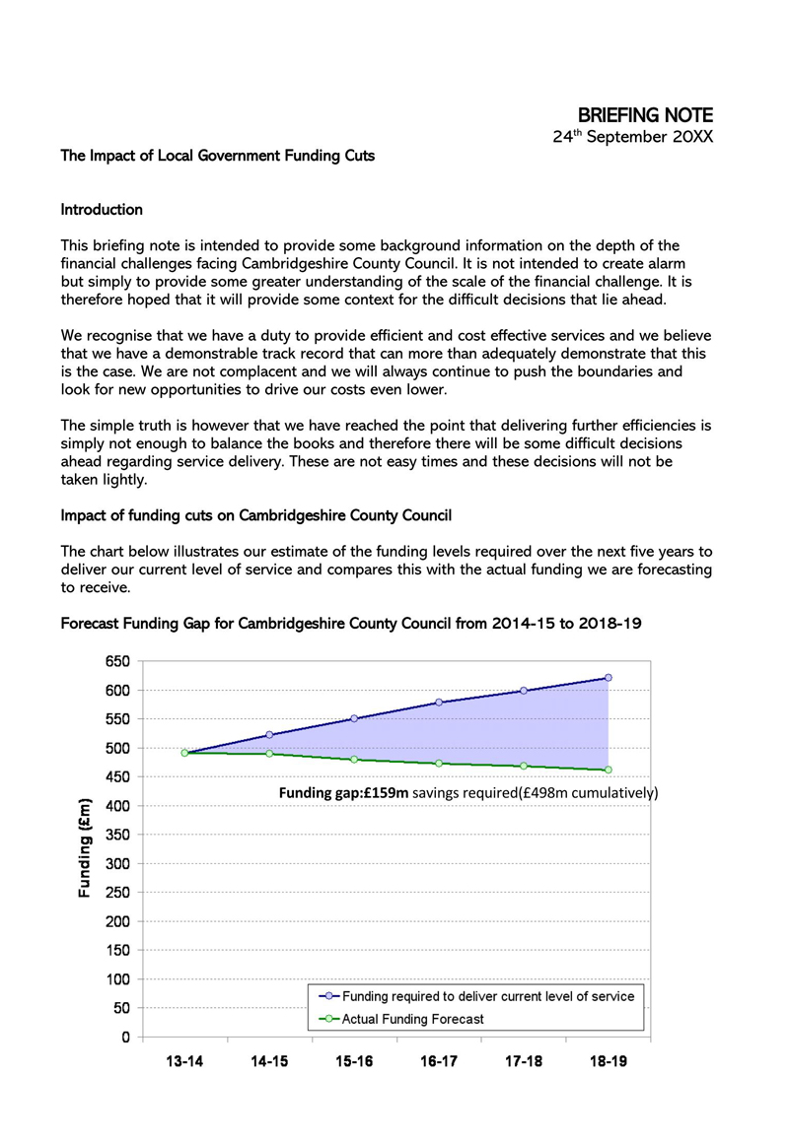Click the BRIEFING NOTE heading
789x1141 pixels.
644,116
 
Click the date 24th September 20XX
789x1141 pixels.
631,137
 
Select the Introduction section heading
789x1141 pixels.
102,210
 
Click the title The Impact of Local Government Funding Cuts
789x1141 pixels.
217,156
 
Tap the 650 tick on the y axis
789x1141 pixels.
117,661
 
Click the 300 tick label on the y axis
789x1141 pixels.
117,864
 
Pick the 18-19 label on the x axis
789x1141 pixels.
608,1063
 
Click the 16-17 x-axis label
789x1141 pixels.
439,1063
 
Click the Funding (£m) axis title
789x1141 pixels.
86,848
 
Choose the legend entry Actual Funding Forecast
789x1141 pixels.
412,1019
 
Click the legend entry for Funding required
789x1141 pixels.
487,996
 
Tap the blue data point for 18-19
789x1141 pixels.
609,678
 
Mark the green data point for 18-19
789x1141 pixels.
609,770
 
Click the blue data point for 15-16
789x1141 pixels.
354,718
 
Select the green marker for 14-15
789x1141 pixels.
269,754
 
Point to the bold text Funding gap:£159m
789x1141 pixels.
344,793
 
